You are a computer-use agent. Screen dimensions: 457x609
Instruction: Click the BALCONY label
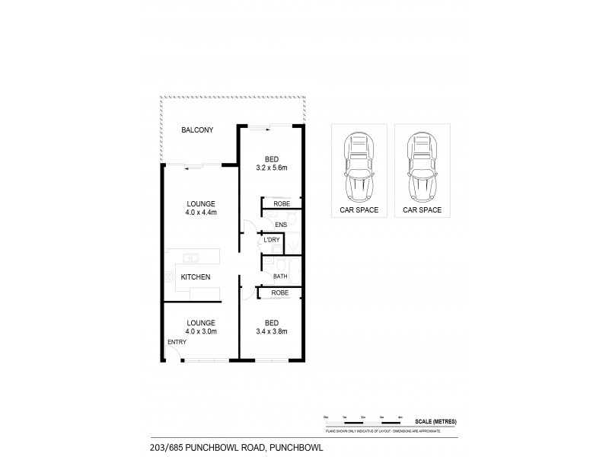[196, 131]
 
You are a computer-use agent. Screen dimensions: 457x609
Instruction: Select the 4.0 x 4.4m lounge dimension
[201, 213]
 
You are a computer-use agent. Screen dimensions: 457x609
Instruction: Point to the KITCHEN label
[196, 277]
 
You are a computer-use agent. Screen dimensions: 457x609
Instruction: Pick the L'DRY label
[271, 241]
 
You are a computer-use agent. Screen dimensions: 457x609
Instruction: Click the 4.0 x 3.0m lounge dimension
[201, 332]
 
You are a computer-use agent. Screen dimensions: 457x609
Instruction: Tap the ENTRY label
[177, 342]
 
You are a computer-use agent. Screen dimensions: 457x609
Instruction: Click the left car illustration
[359, 165]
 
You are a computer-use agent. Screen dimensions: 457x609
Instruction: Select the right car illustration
[422, 165]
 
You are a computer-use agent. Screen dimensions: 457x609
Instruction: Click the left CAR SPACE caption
[359, 209]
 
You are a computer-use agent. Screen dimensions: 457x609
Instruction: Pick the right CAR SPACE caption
[422, 209]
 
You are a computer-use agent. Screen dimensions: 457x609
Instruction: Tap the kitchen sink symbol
[191, 257]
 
